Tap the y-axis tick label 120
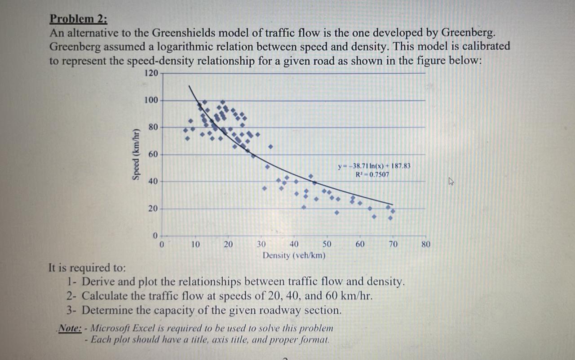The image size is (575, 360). tap(151, 73)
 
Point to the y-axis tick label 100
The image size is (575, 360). tap(151, 100)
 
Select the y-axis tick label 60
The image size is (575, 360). tap(153, 154)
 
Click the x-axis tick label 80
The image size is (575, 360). tap(426, 244)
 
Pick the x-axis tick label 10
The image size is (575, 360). tap(195, 244)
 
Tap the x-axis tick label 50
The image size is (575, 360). tap(327, 244)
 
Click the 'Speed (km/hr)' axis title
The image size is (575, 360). tap(134, 155)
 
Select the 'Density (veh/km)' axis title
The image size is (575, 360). tap(294, 255)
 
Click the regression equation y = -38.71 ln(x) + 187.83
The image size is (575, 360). tap(374, 166)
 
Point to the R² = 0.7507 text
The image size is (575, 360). tap(372, 174)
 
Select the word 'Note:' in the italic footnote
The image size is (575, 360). tap(70, 328)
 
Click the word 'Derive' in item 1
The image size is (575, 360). tap(98, 282)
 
